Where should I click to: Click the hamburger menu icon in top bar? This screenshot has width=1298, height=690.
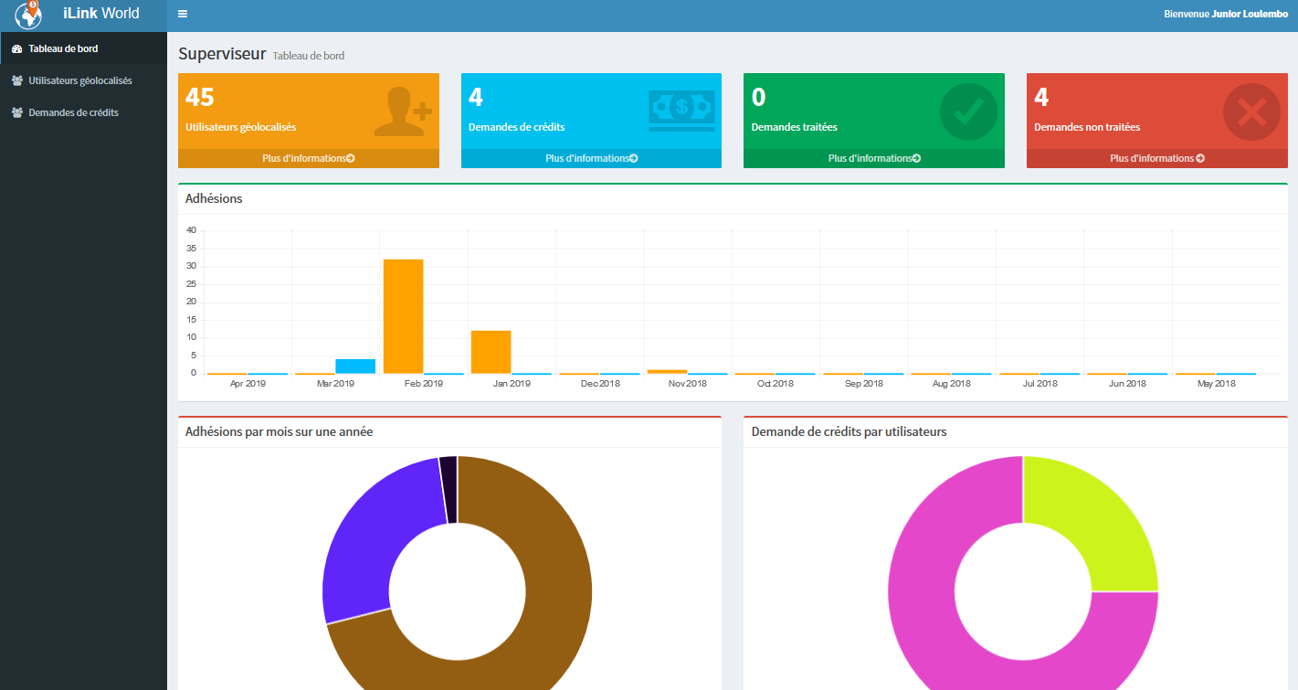(183, 14)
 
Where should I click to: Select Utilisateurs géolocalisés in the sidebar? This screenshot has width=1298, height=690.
(79, 80)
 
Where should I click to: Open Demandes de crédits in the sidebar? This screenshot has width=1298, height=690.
(73, 112)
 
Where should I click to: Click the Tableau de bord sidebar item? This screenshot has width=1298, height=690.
(63, 48)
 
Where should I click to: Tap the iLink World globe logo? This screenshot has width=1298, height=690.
(29, 15)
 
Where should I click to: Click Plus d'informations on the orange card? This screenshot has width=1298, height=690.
(308, 158)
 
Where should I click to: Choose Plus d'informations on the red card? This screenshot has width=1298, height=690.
(1156, 158)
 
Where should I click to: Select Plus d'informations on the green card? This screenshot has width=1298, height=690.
(873, 158)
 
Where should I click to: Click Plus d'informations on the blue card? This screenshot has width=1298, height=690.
(591, 158)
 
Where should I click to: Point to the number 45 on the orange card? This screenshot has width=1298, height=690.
(200, 97)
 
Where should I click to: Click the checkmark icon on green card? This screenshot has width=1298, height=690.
(968, 112)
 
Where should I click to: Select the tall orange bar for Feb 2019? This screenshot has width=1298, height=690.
(403, 316)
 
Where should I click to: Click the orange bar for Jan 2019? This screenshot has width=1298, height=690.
(491, 352)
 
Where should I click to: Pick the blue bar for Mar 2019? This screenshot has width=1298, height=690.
(355, 366)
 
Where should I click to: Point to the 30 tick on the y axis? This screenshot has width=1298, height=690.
(192, 266)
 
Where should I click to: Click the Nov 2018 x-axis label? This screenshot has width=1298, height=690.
(688, 384)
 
